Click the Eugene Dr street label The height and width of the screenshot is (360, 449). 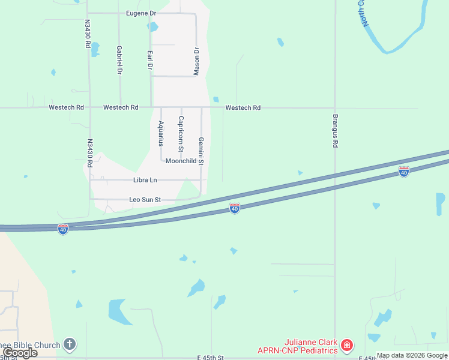point(141,13)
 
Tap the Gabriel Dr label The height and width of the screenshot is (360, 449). point(119,60)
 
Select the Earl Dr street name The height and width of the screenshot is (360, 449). point(149,60)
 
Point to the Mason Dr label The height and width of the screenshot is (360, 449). point(196,61)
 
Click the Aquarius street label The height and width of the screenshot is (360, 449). point(161,133)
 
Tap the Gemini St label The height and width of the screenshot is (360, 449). point(201,151)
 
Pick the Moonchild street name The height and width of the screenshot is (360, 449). point(181,161)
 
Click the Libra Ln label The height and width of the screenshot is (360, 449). point(145,180)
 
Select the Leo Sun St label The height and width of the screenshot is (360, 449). point(145,199)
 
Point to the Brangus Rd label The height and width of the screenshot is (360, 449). point(336,131)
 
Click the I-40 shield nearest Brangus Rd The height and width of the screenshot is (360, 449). point(404,172)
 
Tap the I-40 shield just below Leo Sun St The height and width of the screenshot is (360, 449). point(235,208)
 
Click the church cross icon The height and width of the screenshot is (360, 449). point(70,344)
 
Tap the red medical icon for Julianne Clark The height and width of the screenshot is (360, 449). point(346,345)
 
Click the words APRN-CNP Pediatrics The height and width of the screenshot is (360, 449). point(297,350)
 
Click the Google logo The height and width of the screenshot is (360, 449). point(20,353)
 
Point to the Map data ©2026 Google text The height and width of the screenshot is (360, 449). point(412,356)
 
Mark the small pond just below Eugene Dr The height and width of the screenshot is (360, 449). point(152,27)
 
